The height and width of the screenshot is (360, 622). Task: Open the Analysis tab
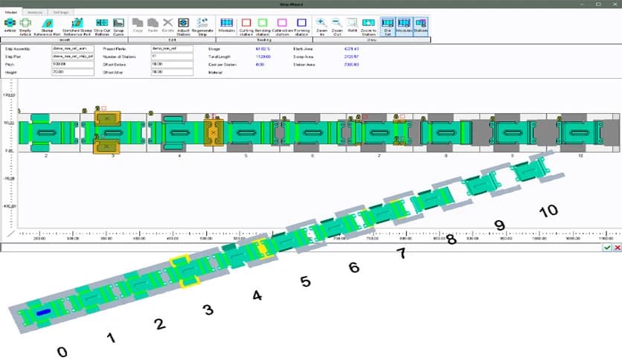34,13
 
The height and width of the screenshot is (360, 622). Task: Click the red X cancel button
617,248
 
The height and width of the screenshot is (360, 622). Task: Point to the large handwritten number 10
548,211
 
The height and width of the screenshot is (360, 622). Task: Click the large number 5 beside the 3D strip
305,282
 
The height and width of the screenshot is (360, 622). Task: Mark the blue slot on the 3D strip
42,312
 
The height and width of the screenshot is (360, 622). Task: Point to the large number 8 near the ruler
450,240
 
